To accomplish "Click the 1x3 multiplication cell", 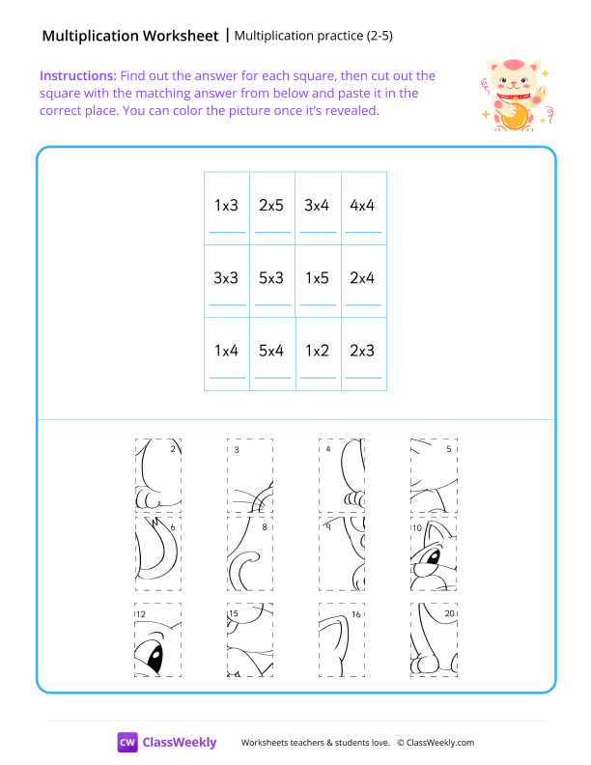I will point(226,206).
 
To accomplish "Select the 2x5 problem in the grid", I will point(271,206).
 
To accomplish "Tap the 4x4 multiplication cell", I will point(363,206).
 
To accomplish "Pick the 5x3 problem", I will point(271,278).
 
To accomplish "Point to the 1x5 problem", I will point(317,278).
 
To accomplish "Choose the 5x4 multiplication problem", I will point(271,352).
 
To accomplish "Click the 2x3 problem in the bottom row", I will point(363,352).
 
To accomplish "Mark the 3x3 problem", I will point(226,278).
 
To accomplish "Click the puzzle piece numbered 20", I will point(434,639).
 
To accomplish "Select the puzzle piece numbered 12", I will point(157,639).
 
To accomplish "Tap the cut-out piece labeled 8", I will point(250,553).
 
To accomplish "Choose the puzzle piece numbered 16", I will point(342,639).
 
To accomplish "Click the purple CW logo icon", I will point(127,742).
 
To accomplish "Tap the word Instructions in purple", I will point(77,75).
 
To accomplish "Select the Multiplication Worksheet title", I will point(130,37).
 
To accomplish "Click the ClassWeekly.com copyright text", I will point(436,742).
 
